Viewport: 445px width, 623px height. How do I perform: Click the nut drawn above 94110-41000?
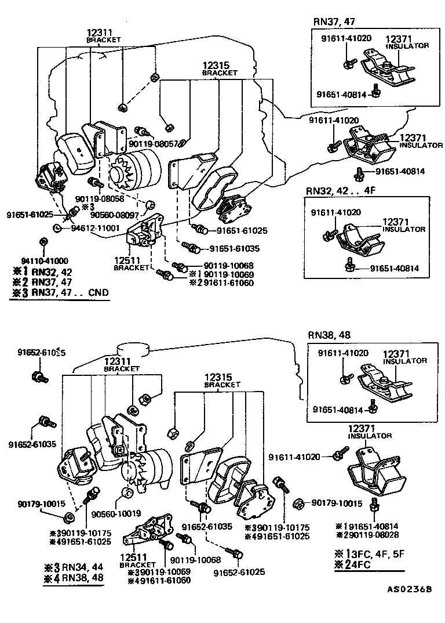43,241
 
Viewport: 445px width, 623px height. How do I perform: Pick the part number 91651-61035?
234,248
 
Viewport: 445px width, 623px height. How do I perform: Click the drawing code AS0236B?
410,590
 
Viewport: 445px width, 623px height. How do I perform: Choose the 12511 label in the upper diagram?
125,260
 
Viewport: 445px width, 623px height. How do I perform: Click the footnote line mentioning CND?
60,293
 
